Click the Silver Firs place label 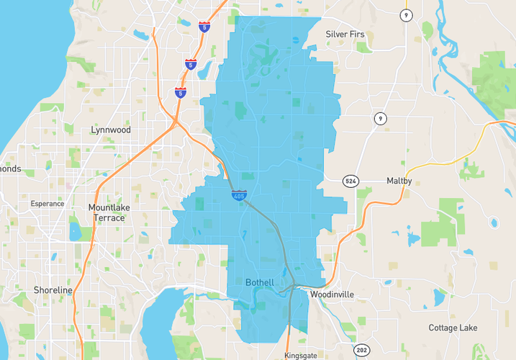[x=345, y=34]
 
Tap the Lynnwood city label [x=111, y=130]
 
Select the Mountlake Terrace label [x=109, y=212]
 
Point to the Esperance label [x=47, y=204]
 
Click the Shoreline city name [x=53, y=290]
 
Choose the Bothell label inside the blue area [x=259, y=283]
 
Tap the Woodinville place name [x=333, y=294]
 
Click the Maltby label [x=399, y=181]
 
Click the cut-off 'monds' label [x=11, y=169]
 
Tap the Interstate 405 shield [x=239, y=195]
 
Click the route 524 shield [x=350, y=181]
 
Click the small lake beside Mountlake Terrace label [x=75, y=231]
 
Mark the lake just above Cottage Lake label [x=438, y=297]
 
